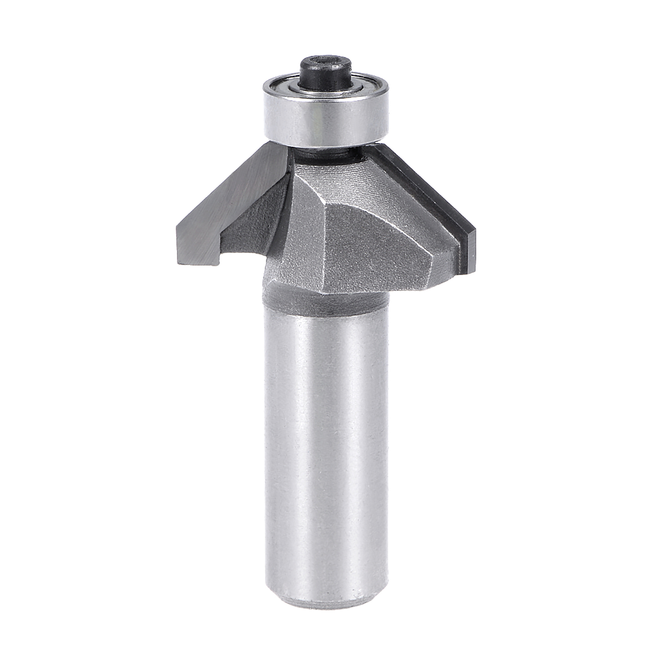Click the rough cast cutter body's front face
tap(370, 249)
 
